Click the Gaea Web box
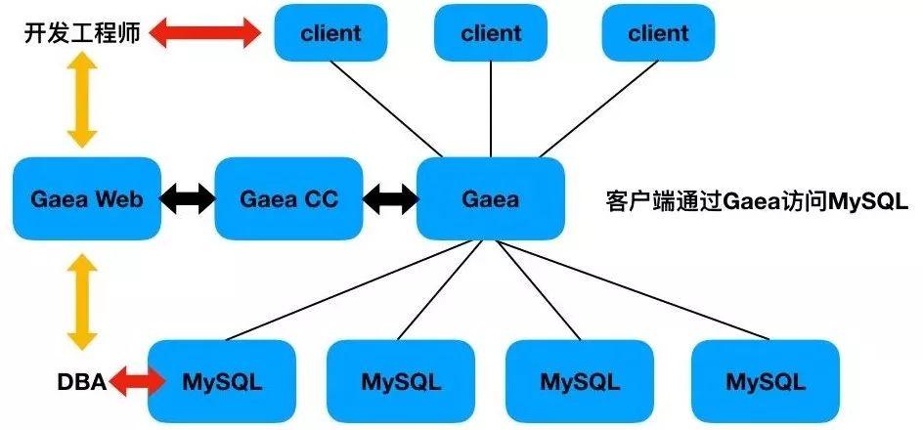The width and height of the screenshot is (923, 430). (87, 199)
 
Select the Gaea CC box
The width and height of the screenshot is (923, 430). (288, 199)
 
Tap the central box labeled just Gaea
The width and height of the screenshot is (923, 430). (491, 199)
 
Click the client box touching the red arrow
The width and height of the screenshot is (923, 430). (330, 33)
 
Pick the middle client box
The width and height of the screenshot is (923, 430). (491, 33)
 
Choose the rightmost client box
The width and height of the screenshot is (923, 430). (658, 33)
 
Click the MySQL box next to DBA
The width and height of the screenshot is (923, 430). (222, 380)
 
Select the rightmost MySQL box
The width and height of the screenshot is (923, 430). (765, 380)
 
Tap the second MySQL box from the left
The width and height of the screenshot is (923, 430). (401, 380)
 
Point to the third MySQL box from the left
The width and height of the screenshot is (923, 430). (581, 380)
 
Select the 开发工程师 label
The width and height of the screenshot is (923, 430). (83, 34)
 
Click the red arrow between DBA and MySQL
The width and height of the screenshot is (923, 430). (136, 381)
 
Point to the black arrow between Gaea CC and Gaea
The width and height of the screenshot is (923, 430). (389, 199)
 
